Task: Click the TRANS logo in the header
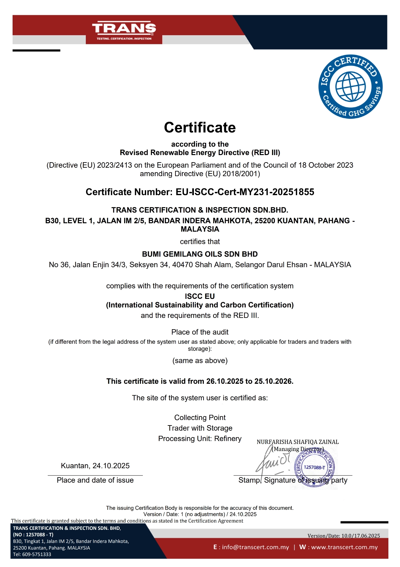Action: (124, 29)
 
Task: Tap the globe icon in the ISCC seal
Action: (350, 87)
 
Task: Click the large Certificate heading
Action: (200, 127)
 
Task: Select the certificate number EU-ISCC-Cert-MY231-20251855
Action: (245, 192)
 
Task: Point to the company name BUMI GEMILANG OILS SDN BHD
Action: (200, 254)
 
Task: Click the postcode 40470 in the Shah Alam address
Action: (182, 265)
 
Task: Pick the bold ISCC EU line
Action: (200, 296)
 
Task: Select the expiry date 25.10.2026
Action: (273, 381)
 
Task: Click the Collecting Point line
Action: (200, 417)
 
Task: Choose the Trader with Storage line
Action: (200, 428)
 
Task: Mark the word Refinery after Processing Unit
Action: (228, 439)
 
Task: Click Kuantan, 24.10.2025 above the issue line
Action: (95, 466)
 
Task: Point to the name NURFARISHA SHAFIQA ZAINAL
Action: (297, 442)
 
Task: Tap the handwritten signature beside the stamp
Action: (273, 462)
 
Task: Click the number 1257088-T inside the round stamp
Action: (314, 467)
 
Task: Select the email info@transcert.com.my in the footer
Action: (255, 547)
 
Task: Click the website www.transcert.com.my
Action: (344, 547)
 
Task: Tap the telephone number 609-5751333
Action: (36, 554)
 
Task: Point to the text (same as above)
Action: (200, 361)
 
